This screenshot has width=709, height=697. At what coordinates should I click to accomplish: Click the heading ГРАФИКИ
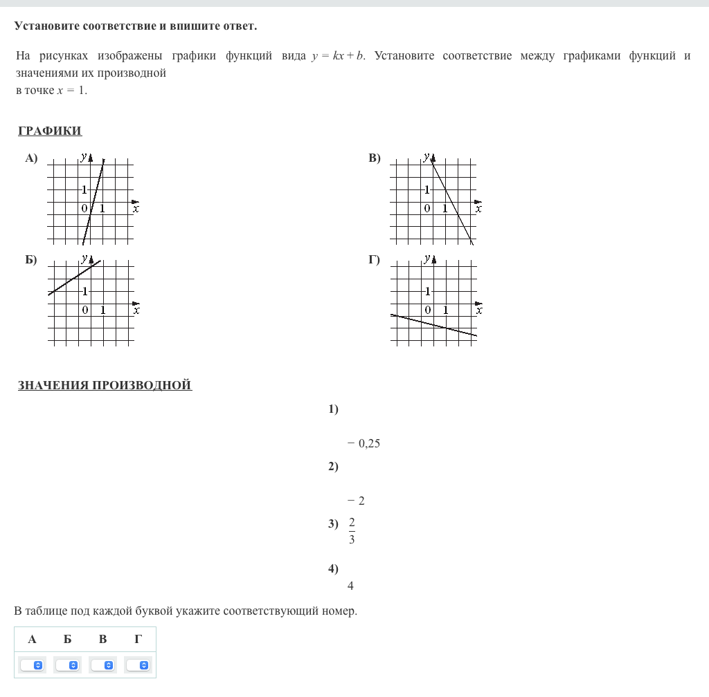[50, 131]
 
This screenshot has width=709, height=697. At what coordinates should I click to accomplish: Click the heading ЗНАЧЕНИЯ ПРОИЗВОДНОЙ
[105, 385]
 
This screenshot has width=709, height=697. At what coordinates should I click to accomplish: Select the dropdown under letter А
[33, 665]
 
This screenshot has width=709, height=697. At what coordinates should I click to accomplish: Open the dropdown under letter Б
[68, 665]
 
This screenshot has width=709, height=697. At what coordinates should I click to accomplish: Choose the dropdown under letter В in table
[103, 665]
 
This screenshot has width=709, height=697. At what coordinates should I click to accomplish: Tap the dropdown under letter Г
[138, 665]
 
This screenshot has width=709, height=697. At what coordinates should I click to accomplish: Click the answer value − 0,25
[364, 444]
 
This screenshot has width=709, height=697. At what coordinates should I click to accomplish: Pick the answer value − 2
[357, 501]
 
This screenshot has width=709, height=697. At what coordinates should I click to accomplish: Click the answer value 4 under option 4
[350, 586]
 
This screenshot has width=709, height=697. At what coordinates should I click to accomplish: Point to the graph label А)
[31, 158]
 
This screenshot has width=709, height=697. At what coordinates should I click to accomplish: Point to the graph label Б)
[31, 260]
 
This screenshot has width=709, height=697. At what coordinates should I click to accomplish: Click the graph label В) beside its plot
[375, 158]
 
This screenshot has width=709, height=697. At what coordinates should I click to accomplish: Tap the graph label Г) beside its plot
[375, 260]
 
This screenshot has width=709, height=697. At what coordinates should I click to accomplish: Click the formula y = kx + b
[339, 56]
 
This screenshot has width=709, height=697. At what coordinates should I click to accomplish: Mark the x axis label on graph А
[136, 208]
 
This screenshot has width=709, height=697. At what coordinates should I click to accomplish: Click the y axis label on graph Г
[426, 259]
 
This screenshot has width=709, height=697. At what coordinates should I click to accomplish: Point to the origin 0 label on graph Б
[85, 310]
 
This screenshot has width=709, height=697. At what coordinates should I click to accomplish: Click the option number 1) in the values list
[334, 409]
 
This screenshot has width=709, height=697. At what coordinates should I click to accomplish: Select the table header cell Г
[138, 639]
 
